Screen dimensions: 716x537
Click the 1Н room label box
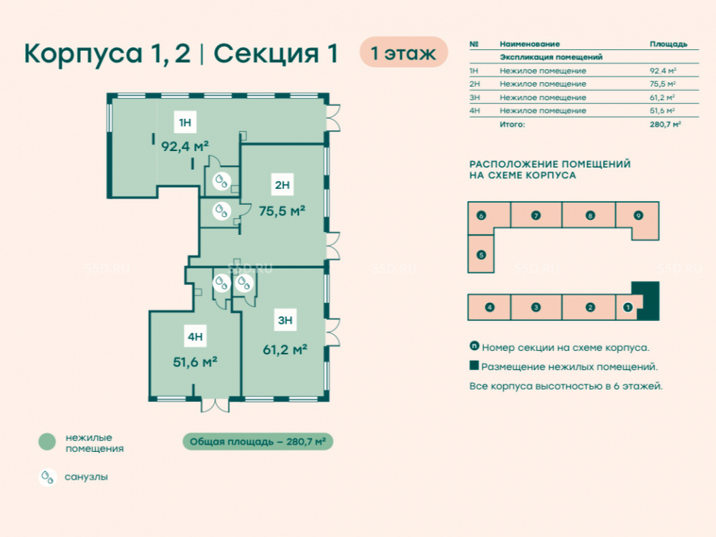(x=185, y=122)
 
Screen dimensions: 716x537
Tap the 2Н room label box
(x=282, y=185)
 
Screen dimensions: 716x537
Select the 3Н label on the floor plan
(x=285, y=320)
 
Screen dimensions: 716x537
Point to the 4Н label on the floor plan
(x=195, y=337)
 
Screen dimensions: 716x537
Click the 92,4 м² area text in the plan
(x=185, y=147)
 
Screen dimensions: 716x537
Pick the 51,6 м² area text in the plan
(x=195, y=362)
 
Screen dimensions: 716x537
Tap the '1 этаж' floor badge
(x=404, y=52)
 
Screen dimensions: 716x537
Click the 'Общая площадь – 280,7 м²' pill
(x=258, y=442)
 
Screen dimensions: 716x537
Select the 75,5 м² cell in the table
(x=662, y=84)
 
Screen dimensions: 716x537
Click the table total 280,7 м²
(x=665, y=124)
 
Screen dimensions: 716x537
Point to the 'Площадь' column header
(x=669, y=44)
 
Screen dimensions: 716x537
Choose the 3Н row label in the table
(x=475, y=97)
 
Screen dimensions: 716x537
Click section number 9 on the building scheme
(x=639, y=216)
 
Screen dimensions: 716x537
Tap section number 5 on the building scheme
(x=481, y=255)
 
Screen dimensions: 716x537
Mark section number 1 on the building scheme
(x=628, y=307)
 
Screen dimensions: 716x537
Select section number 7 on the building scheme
(x=536, y=216)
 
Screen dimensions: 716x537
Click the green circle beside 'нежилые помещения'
(x=47, y=442)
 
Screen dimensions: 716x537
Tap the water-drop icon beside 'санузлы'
(x=47, y=477)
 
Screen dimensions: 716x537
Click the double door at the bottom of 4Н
(x=215, y=405)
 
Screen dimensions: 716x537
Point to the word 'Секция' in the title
(x=266, y=54)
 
